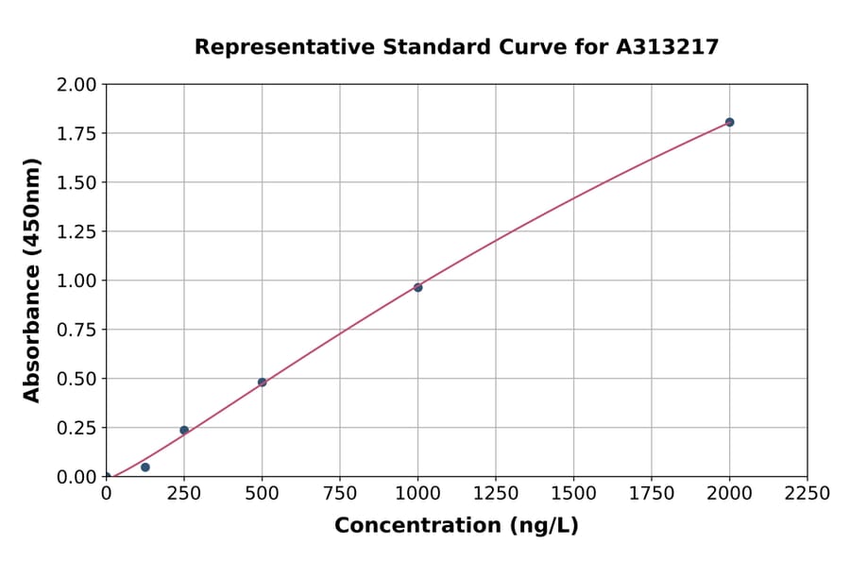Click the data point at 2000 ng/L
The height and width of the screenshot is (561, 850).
(729, 122)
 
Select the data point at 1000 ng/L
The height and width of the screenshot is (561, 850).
(417, 287)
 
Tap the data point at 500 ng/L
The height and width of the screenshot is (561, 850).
(262, 382)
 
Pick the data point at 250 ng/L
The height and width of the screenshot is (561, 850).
(184, 430)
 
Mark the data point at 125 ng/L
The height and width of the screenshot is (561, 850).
(144, 467)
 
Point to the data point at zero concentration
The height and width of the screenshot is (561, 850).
(106, 477)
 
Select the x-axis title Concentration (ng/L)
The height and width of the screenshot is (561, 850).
(456, 526)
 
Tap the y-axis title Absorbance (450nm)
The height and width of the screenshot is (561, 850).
(32, 280)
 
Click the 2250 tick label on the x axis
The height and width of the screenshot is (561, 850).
(807, 494)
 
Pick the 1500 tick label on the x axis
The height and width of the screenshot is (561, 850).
(573, 494)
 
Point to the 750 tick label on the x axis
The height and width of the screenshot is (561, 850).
(340, 494)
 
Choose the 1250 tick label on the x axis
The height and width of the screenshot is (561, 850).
(496, 494)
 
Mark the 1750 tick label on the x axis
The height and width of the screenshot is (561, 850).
(652, 494)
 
